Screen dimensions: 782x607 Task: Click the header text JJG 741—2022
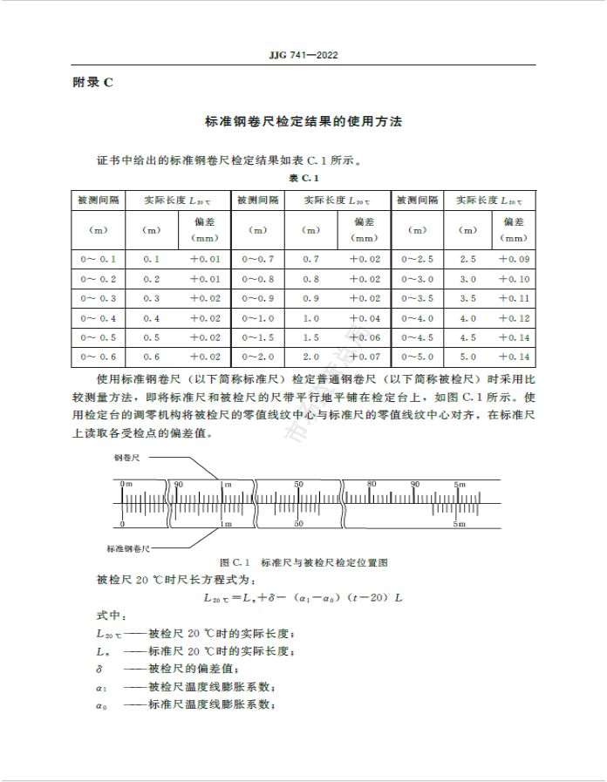tap(303, 56)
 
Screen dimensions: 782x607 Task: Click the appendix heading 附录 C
tap(93, 83)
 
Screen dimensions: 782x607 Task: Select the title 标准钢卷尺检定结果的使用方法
tap(303, 123)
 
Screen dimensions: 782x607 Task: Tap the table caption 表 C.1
tap(304, 178)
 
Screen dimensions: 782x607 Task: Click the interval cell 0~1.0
tap(257, 318)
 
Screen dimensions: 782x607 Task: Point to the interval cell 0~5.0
tap(417, 357)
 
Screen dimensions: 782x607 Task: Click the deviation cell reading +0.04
tap(365, 318)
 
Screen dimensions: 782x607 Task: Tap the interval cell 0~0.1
tap(98, 259)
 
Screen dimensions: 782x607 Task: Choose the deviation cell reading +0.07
tap(365, 357)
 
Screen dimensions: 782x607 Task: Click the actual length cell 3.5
tap(467, 298)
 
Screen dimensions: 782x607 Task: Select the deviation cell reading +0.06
tap(365, 337)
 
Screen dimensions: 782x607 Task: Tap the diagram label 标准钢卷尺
tap(129, 548)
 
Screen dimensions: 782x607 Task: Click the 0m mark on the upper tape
tap(126, 484)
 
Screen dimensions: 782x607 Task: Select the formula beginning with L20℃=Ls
tap(303, 598)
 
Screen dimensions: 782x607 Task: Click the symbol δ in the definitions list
tap(99, 669)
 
